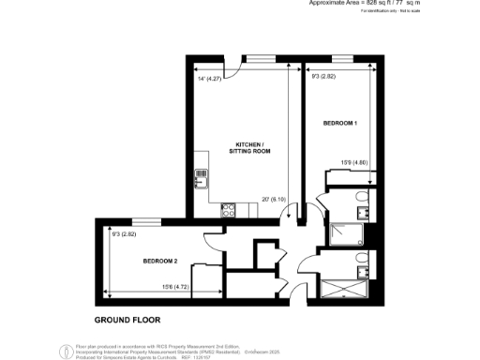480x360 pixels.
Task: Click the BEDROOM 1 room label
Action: (x=340, y=124)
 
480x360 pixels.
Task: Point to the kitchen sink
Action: (x=201, y=174)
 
